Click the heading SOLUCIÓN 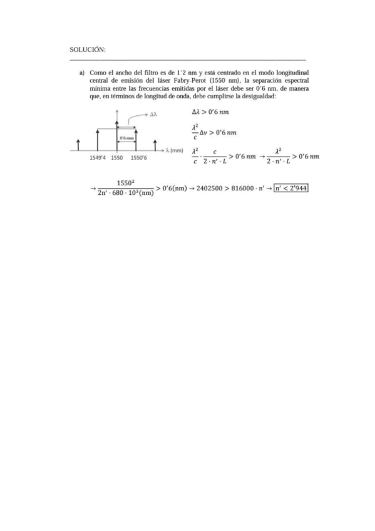88,49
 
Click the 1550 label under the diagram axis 117,158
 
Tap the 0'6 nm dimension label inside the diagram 127,137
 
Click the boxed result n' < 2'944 291,188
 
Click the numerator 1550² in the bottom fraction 126,183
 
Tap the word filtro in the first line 157,73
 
